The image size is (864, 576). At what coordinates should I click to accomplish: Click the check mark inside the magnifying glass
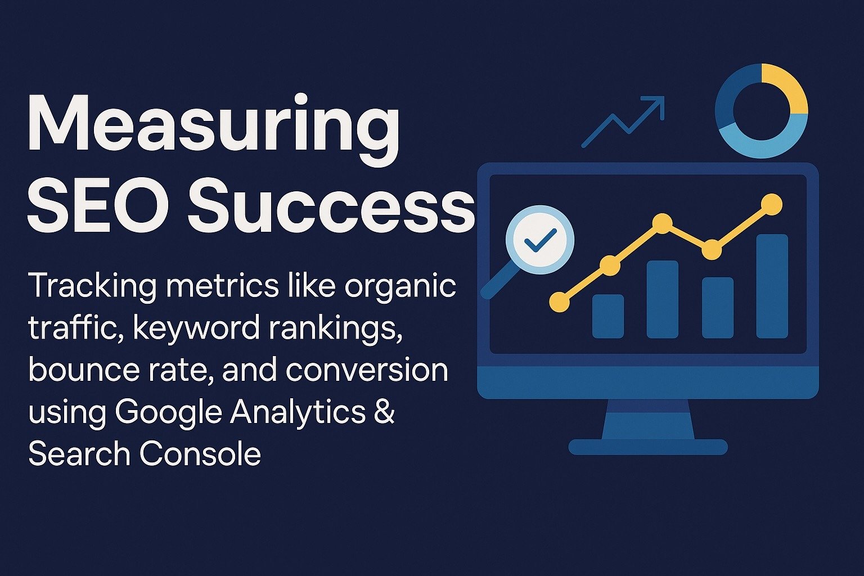(x=541, y=240)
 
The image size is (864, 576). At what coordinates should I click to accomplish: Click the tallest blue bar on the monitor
(x=772, y=286)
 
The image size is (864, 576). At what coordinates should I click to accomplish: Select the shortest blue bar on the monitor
(x=608, y=316)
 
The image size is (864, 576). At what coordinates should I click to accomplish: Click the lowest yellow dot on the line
(x=559, y=301)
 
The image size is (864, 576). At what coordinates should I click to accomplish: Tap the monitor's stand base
(x=648, y=447)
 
